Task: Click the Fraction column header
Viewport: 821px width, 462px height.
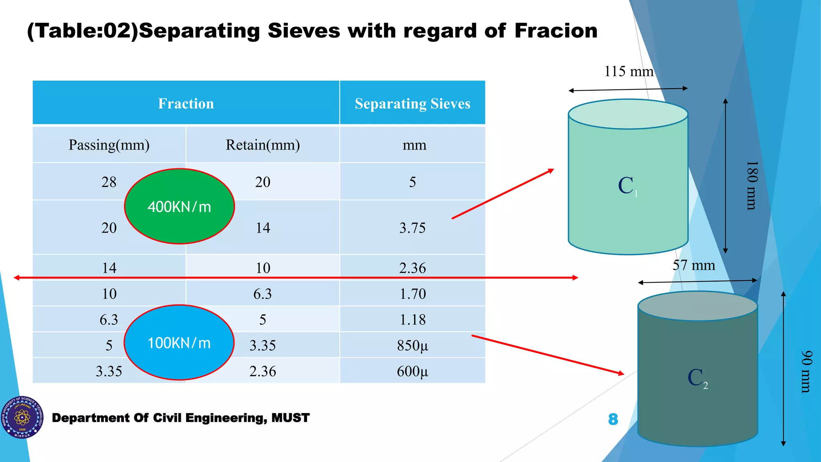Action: click(186, 103)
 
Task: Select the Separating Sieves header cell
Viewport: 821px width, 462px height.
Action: click(413, 103)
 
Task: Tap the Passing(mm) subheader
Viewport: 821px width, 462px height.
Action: click(109, 145)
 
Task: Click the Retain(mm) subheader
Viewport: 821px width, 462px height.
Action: click(263, 145)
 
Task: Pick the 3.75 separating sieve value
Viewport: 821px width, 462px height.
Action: click(413, 228)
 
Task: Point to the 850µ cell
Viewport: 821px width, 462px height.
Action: click(413, 345)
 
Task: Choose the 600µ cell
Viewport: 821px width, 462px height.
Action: click(413, 371)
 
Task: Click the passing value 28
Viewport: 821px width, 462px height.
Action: click(109, 182)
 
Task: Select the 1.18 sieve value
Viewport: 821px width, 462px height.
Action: click(413, 320)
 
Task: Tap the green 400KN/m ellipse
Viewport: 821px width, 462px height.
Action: click(179, 207)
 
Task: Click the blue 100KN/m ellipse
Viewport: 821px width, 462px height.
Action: click(179, 343)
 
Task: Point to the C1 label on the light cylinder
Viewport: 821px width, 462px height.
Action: click(627, 186)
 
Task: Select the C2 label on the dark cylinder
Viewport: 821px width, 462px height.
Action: click(697, 378)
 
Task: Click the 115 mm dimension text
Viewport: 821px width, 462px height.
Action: click(629, 71)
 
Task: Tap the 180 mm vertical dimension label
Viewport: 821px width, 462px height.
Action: click(752, 185)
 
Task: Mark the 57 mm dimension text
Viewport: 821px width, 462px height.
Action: click(694, 265)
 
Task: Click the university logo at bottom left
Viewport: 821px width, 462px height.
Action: click(22, 417)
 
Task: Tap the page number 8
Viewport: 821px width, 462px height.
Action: click(613, 419)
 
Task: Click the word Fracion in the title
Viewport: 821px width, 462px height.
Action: click(556, 31)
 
